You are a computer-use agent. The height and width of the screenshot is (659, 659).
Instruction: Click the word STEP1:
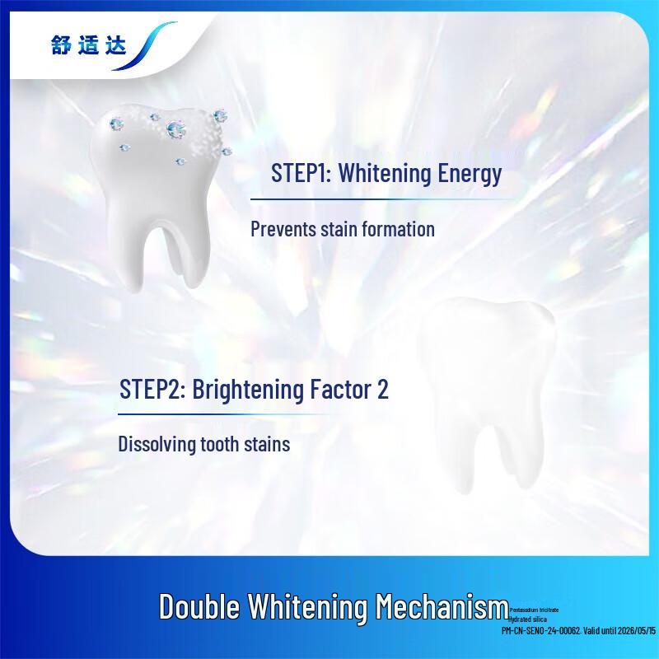tap(301, 175)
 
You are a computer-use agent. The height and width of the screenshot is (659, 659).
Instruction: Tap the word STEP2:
tap(152, 390)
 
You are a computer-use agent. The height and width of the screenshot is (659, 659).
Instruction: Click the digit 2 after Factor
tap(382, 390)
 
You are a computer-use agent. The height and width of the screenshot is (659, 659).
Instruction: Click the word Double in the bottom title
tap(199, 608)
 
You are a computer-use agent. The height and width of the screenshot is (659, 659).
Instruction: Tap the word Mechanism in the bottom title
tap(442, 608)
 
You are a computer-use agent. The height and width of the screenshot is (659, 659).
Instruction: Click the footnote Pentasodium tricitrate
tap(534, 610)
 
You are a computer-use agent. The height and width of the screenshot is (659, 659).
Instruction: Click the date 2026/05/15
tap(634, 630)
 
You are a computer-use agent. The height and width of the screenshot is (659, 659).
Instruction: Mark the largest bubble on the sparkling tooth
tap(175, 128)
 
